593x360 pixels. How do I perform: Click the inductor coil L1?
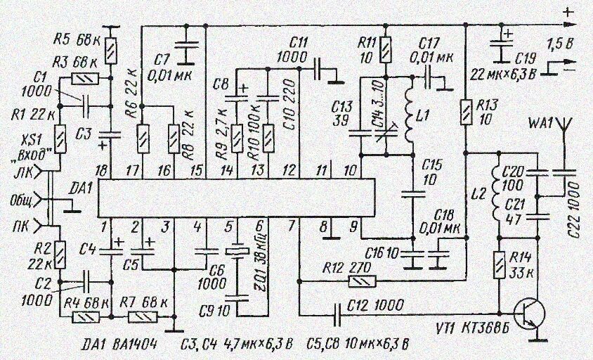point(409,111)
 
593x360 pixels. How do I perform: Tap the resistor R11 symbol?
point(385,50)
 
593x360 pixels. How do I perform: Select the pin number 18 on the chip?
point(104,171)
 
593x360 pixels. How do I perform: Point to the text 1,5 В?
point(559,44)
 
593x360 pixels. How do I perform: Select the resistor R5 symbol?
point(111,49)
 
